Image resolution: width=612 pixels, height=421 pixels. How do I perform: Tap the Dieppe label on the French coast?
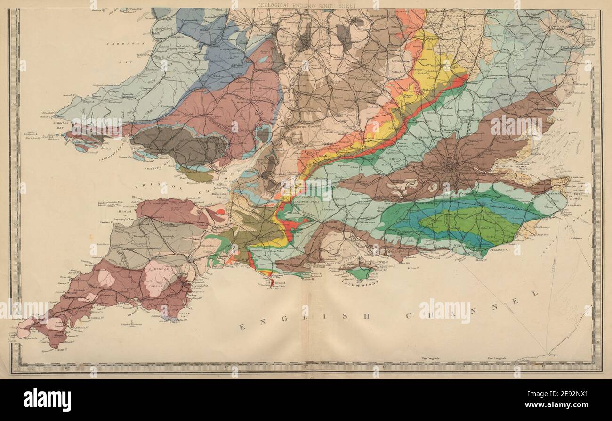click(548, 355)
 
